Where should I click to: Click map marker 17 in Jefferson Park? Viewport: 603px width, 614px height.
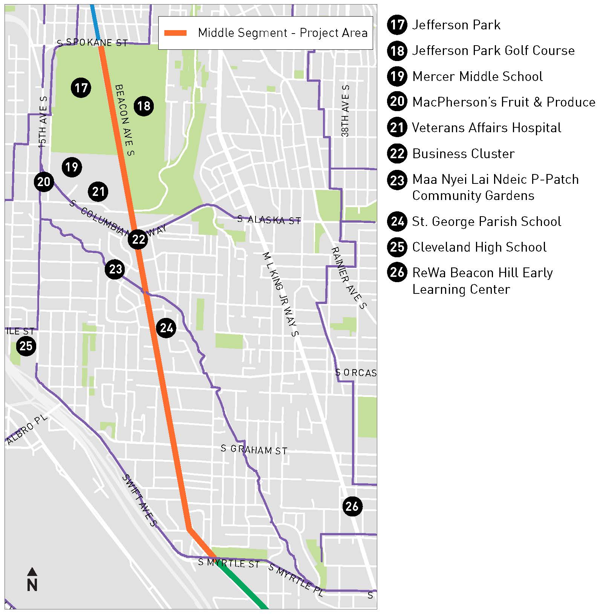click(x=81, y=88)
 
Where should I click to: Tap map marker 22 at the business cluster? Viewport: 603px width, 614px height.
click(x=138, y=239)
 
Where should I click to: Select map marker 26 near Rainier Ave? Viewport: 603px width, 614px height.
click(x=352, y=506)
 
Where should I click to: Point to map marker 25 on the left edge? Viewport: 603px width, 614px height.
click(x=26, y=346)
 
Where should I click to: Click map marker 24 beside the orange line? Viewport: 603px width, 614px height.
click(x=166, y=328)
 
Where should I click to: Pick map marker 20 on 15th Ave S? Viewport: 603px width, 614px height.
click(x=44, y=182)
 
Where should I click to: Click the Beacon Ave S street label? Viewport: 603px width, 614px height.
click(x=125, y=119)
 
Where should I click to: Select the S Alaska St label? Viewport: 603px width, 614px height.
click(x=269, y=220)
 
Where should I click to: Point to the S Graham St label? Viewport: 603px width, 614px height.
click(x=254, y=449)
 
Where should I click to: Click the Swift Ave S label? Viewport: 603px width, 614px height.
click(x=139, y=500)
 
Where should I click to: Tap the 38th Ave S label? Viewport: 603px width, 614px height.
click(x=345, y=111)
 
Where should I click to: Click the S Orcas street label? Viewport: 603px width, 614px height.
click(x=356, y=373)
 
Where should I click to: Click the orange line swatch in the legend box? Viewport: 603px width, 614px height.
click(x=175, y=33)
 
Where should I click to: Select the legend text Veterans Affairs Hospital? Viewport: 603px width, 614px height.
click(x=487, y=128)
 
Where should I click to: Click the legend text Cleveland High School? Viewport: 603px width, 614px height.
click(x=479, y=247)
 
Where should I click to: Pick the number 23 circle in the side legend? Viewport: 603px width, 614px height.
click(x=397, y=180)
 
